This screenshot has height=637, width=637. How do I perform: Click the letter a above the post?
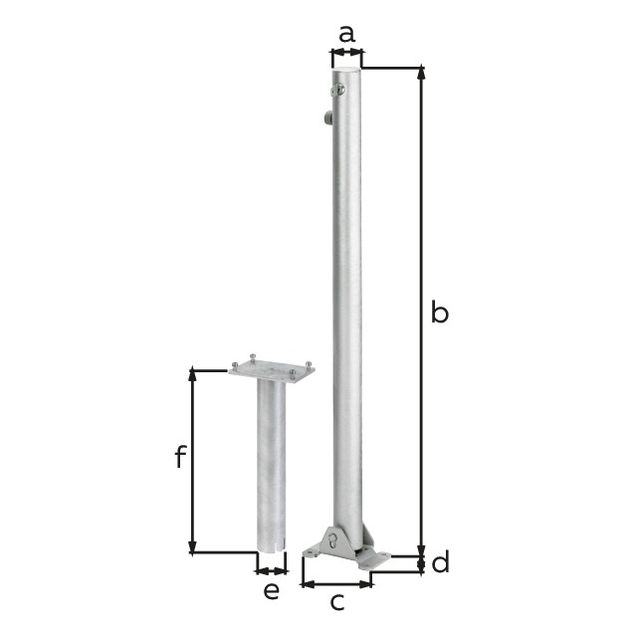point(346,34)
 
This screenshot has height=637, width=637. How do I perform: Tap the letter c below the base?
point(336,602)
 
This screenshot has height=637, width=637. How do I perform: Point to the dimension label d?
point(440,562)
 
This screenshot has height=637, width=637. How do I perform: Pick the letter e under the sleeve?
point(271,591)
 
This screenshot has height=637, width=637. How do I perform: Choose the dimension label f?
point(180,457)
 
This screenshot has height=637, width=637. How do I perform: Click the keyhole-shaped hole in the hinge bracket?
point(331,542)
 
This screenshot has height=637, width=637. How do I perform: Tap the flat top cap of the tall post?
point(347,73)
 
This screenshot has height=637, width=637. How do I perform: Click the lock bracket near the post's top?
point(338,91)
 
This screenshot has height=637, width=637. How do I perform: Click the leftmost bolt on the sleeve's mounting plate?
point(235,364)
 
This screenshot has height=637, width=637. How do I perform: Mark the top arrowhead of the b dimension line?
point(422,73)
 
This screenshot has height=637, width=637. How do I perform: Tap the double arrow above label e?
point(271,570)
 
